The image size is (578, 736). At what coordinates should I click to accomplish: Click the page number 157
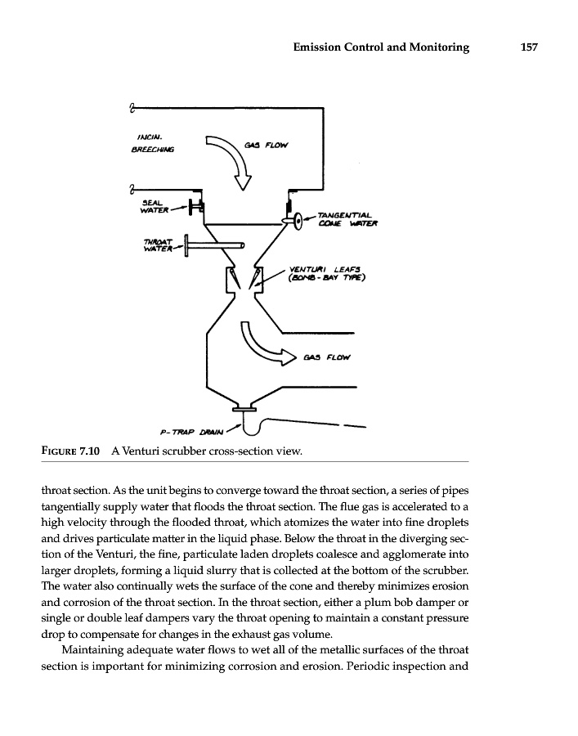528,47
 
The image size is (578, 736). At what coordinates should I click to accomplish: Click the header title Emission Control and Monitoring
380,47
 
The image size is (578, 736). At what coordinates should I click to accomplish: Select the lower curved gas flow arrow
263,346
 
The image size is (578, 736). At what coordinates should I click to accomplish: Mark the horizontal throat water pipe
217,244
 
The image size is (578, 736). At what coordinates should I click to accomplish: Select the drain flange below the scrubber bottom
245,408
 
